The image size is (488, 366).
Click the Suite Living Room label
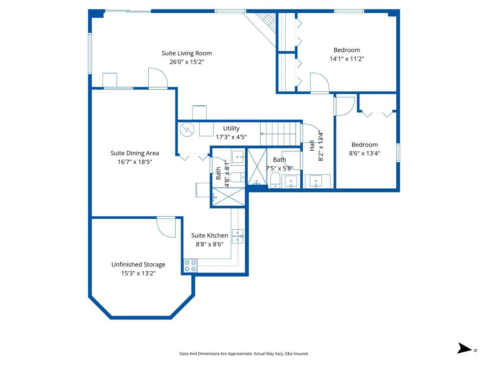tap(186, 53)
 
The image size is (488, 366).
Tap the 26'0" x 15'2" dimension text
tap(186, 62)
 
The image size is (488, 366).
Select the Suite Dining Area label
tap(135, 153)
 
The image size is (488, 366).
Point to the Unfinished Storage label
tap(138, 264)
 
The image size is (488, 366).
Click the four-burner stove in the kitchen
tap(190, 266)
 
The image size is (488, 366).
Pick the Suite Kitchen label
tap(210, 236)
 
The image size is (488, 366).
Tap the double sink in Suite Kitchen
tap(238, 236)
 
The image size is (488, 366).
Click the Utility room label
tap(231, 129)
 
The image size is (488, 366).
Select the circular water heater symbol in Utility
tap(187, 129)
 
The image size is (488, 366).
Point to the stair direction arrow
tap(278, 134)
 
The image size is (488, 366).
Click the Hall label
tap(312, 145)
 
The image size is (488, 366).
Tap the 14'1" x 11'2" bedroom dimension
tap(346, 59)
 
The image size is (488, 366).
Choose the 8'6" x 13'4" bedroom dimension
tap(364, 153)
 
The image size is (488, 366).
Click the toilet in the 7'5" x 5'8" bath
tap(275, 180)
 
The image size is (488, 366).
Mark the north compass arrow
tap(465, 348)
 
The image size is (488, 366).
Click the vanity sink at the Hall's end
tap(316, 181)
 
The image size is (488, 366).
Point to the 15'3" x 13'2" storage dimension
tap(138, 273)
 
